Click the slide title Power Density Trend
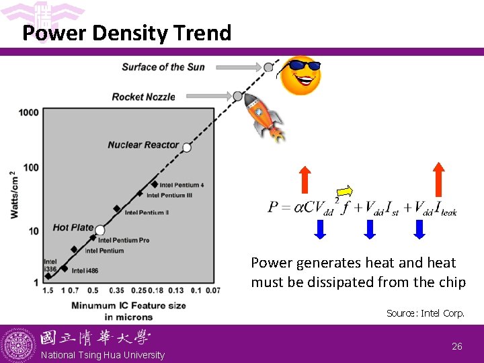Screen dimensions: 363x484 coord(126,33)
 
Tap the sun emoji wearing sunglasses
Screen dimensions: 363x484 coord(300,75)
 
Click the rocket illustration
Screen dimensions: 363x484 coord(264,117)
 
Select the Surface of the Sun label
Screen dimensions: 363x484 coord(163,67)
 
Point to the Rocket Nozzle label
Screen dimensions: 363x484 coord(143,97)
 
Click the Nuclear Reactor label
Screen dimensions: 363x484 coord(143,145)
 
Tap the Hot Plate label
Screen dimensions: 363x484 coord(73,227)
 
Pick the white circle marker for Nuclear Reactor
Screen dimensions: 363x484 coord(187,147)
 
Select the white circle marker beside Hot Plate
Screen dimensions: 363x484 coord(99,230)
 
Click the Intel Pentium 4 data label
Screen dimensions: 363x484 coord(182,185)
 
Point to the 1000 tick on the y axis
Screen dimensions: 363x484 coord(29,112)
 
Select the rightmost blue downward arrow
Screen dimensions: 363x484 coord(419,230)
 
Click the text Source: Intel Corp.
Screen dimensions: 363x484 coord(425,313)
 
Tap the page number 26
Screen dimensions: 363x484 coord(456,346)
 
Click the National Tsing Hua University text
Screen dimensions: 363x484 coord(103,355)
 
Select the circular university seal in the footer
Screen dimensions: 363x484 coord(19,345)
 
